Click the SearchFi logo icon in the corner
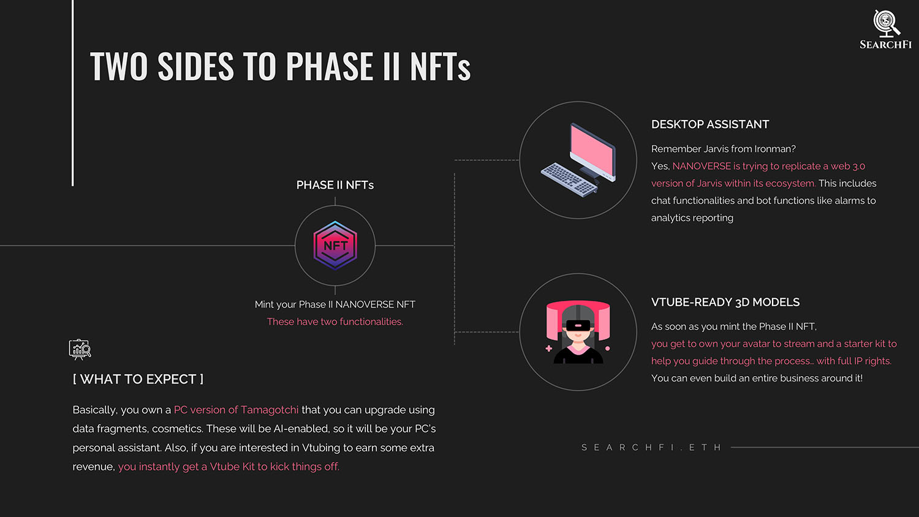click(x=886, y=23)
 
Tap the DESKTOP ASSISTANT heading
click(x=710, y=124)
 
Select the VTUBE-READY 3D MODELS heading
click(x=725, y=303)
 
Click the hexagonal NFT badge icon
click(x=335, y=246)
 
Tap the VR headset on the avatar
click(x=578, y=325)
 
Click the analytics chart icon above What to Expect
click(x=80, y=350)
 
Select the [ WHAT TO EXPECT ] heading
click(x=138, y=379)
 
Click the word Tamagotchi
click(x=270, y=410)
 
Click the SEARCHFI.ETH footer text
click(x=651, y=447)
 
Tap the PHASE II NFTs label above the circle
click(x=335, y=185)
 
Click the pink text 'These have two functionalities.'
click(x=335, y=322)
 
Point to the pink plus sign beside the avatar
click(x=548, y=349)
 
